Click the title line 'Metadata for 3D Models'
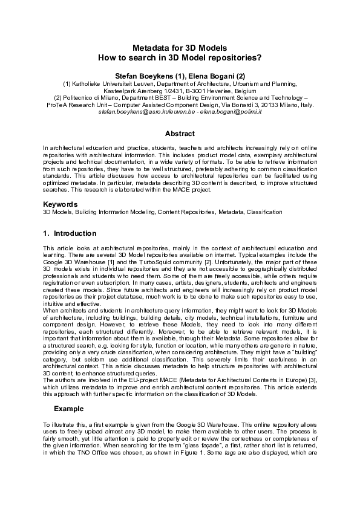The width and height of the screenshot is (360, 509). pyautogui.click(x=180, y=47)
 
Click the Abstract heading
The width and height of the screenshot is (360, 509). pyautogui.click(x=180, y=134)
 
